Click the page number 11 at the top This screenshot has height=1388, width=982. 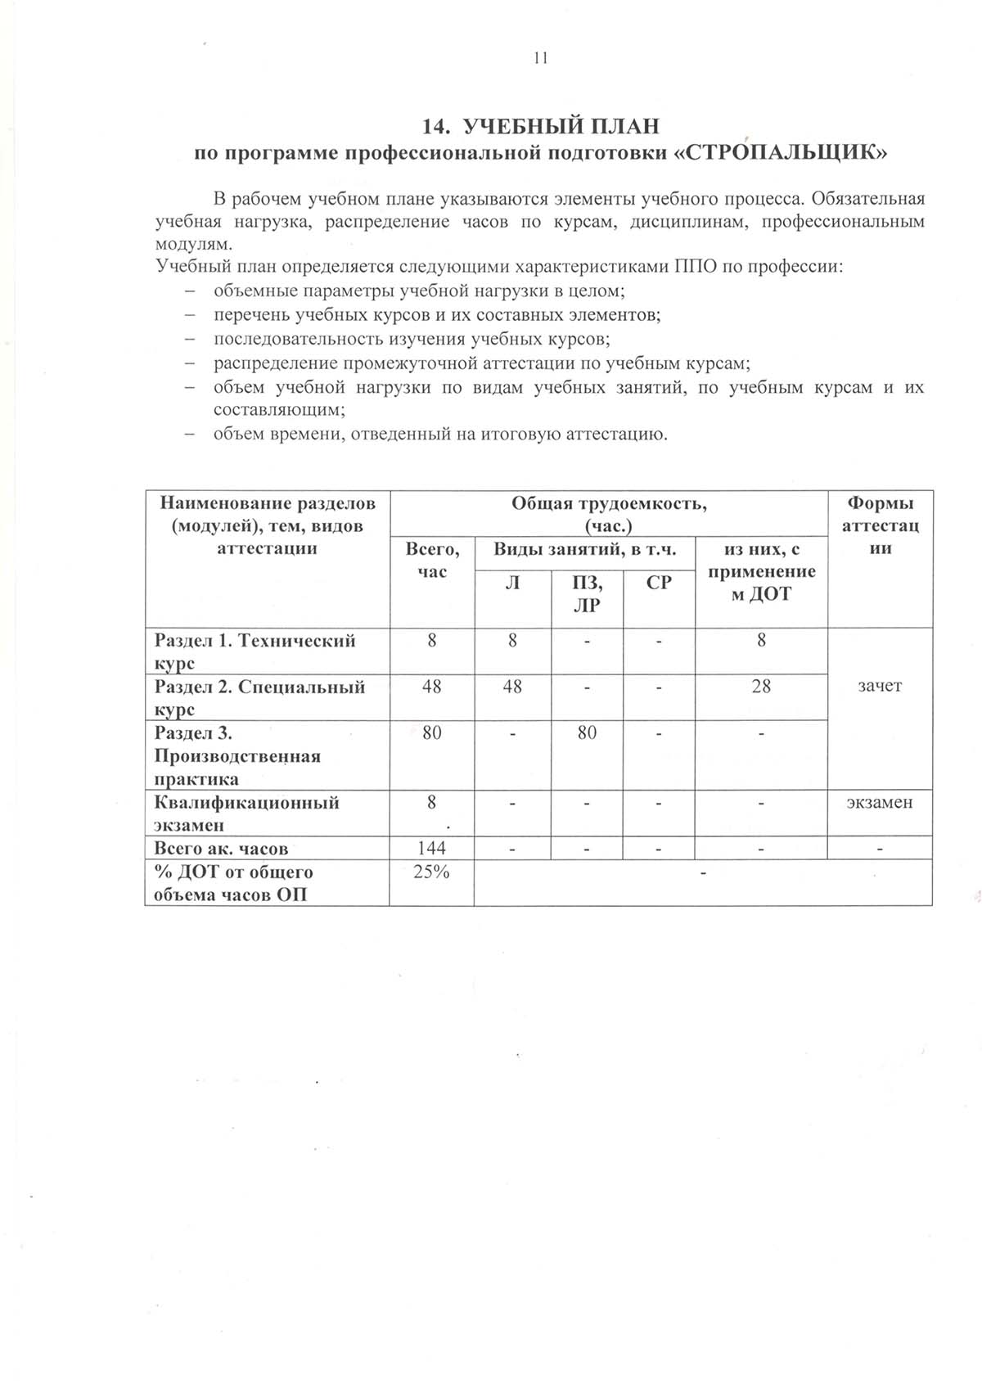pos(540,57)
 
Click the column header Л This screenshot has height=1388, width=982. pos(512,583)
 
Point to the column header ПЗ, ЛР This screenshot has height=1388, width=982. pos(587,594)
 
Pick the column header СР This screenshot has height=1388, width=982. pos(659,583)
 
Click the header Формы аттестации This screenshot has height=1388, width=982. pos(880,525)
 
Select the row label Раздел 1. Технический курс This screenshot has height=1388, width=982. pos(255,651)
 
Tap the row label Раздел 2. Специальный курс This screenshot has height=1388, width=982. pos(259,697)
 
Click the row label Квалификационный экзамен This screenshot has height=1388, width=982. pos(246,813)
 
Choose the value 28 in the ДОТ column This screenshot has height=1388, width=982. pos(761,687)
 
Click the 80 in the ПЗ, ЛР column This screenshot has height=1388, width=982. pos(587,732)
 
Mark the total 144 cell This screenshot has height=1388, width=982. pos(431,849)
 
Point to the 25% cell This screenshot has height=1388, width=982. pos(431,872)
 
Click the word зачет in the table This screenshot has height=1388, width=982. pos(880,687)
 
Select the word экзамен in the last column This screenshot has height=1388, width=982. pos(880,803)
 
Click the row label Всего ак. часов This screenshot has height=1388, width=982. pos(222,849)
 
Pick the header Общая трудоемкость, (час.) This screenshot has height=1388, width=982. pos(609,514)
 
